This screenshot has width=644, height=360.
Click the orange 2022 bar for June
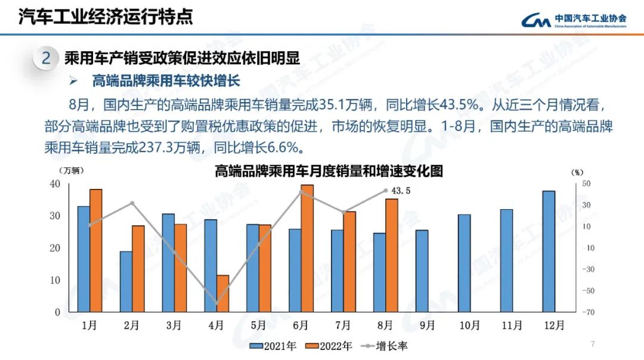tap(307, 248)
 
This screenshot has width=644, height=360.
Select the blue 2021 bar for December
tap(549, 251)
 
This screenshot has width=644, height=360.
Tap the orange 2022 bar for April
tap(222, 293)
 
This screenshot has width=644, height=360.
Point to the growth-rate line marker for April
tap(216, 303)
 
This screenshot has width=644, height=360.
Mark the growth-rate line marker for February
tap(132, 203)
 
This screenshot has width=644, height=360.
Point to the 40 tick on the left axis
tap(54, 184)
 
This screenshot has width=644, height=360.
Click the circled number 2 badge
tap(45, 58)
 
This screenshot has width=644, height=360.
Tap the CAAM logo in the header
tap(573, 20)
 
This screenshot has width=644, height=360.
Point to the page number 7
tap(592, 344)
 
